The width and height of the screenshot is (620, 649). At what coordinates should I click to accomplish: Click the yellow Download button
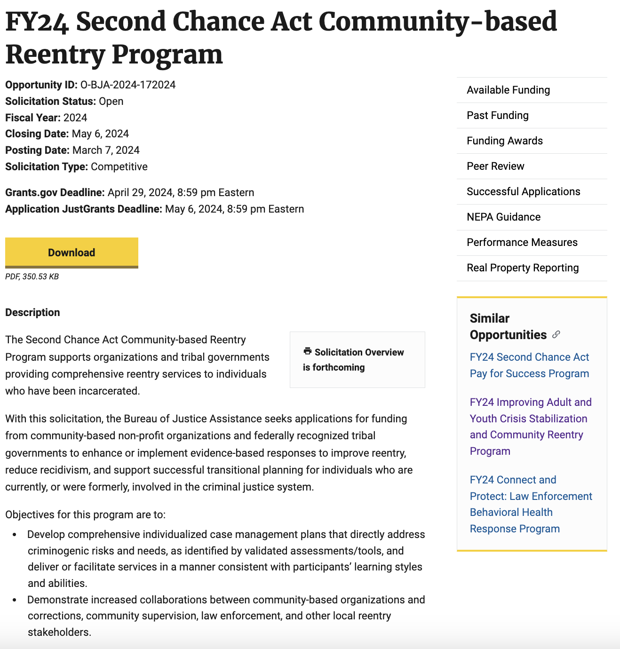tap(72, 253)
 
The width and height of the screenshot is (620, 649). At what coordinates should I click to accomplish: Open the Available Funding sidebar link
tap(508, 90)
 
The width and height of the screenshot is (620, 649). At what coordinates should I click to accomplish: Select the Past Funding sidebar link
tap(497, 115)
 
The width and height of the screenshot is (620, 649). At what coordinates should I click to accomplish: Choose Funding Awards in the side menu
tap(504, 141)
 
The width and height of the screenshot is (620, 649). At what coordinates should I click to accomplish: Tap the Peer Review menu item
tap(495, 166)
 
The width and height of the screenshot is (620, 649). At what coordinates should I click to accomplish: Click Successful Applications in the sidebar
tap(523, 191)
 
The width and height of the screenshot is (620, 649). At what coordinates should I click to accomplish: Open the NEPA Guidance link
tap(503, 217)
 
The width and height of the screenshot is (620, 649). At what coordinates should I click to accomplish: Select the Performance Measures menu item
tap(522, 242)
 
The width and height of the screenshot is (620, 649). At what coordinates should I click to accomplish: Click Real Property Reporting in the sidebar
tap(522, 268)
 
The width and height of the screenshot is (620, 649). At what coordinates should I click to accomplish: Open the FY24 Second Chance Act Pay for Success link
tap(529, 365)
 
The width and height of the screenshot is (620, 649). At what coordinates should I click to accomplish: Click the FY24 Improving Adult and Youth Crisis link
tap(530, 427)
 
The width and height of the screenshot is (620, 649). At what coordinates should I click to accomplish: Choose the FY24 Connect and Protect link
tap(530, 504)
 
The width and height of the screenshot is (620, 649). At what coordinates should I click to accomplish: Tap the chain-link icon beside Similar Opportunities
tap(556, 334)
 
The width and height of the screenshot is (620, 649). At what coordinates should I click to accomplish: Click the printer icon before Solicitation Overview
tap(308, 351)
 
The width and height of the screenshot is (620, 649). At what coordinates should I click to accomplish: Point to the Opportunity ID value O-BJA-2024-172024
tap(128, 85)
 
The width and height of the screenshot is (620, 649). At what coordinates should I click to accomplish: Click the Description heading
tap(32, 312)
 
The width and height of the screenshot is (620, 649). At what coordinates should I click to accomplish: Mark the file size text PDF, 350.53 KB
tap(32, 277)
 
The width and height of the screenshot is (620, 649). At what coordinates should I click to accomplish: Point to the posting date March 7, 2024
tap(106, 150)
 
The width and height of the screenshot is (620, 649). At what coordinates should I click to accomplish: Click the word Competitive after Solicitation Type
tap(119, 166)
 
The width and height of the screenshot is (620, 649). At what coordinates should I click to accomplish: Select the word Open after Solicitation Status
tap(111, 101)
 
